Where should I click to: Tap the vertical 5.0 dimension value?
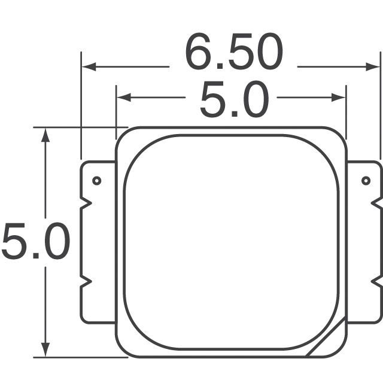35,242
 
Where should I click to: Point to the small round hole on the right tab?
366,181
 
